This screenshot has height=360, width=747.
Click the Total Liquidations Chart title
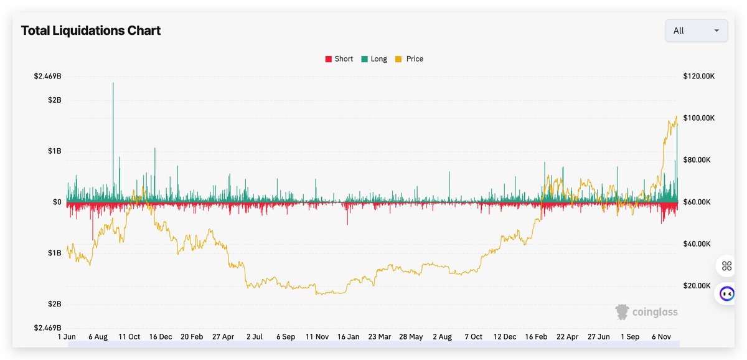point(91,31)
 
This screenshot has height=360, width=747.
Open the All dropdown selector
point(696,31)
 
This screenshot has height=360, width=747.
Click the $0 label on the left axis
point(56,202)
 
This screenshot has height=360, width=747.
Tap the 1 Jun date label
point(67,337)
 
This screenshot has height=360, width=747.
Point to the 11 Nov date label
point(317,337)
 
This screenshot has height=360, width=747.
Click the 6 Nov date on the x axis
point(662,337)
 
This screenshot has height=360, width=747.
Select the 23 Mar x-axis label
point(380,337)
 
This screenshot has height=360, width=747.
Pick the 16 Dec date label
point(161,337)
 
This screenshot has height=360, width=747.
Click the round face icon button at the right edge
point(726,293)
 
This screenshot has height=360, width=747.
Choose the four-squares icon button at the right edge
point(726,267)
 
